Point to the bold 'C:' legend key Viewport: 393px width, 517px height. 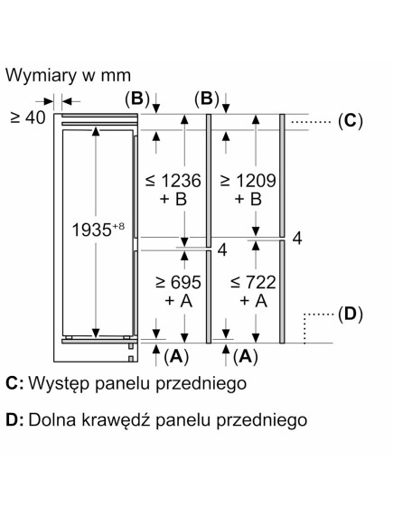pyautogui.click(x=14, y=384)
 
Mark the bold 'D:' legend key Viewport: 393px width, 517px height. pyautogui.click(x=14, y=419)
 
